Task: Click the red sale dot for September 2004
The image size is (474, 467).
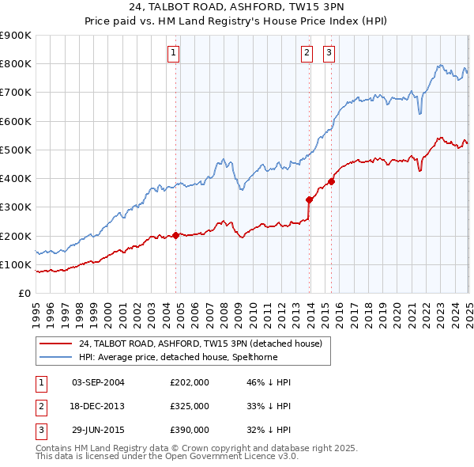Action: click(x=175, y=235)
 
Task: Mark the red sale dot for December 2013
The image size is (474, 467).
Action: click(x=310, y=199)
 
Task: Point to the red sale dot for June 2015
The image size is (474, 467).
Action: click(x=332, y=181)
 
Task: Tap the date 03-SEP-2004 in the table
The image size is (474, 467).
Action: click(x=98, y=382)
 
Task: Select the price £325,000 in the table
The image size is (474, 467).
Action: click(x=190, y=406)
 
